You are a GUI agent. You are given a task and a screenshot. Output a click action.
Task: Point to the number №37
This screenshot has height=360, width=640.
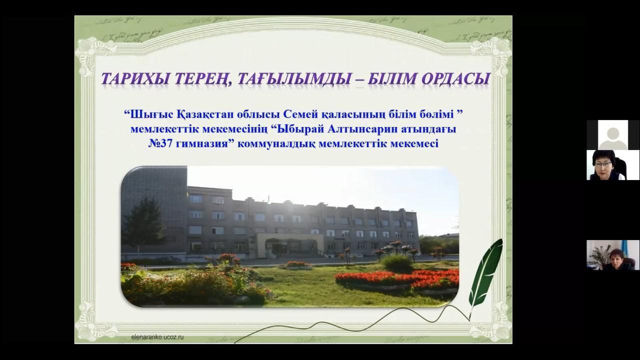[160, 143]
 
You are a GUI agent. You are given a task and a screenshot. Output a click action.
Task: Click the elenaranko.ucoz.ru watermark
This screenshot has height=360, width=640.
[157, 337]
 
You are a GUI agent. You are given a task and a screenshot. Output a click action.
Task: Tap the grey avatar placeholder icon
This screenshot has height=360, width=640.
[613, 137]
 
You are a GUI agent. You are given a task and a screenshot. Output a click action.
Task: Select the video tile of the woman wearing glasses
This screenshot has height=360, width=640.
[613, 165]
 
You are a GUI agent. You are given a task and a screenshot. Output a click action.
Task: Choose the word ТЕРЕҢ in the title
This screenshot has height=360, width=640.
[199, 79]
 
